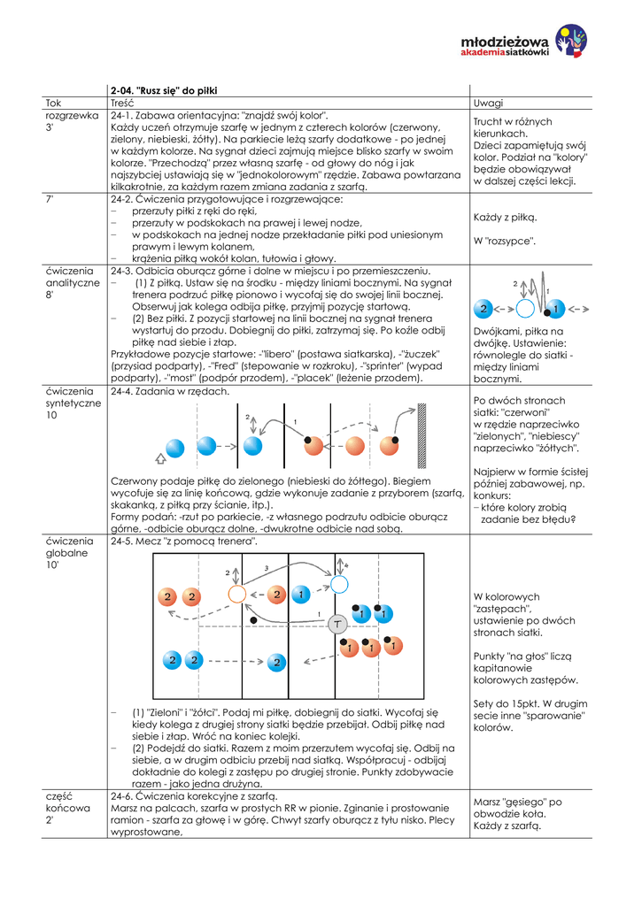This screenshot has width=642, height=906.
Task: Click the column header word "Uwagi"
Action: click(x=488, y=103)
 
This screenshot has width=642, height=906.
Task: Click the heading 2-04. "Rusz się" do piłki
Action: click(x=163, y=90)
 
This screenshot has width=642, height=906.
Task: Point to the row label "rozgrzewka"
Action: click(x=72, y=115)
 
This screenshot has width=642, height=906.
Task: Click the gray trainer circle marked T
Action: click(x=336, y=624)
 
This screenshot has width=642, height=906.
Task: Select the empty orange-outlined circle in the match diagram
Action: click(x=236, y=594)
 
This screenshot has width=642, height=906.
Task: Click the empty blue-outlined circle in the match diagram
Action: click(x=339, y=584)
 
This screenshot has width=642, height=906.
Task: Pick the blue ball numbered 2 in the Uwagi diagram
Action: click(x=483, y=309)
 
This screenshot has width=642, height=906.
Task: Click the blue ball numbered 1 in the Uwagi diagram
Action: click(x=556, y=309)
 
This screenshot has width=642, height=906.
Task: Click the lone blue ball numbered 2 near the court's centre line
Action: click(x=276, y=661)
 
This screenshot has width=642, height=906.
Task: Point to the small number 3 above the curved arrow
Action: click(x=267, y=567)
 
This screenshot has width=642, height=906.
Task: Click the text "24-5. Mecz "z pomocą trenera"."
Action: click(x=183, y=540)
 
